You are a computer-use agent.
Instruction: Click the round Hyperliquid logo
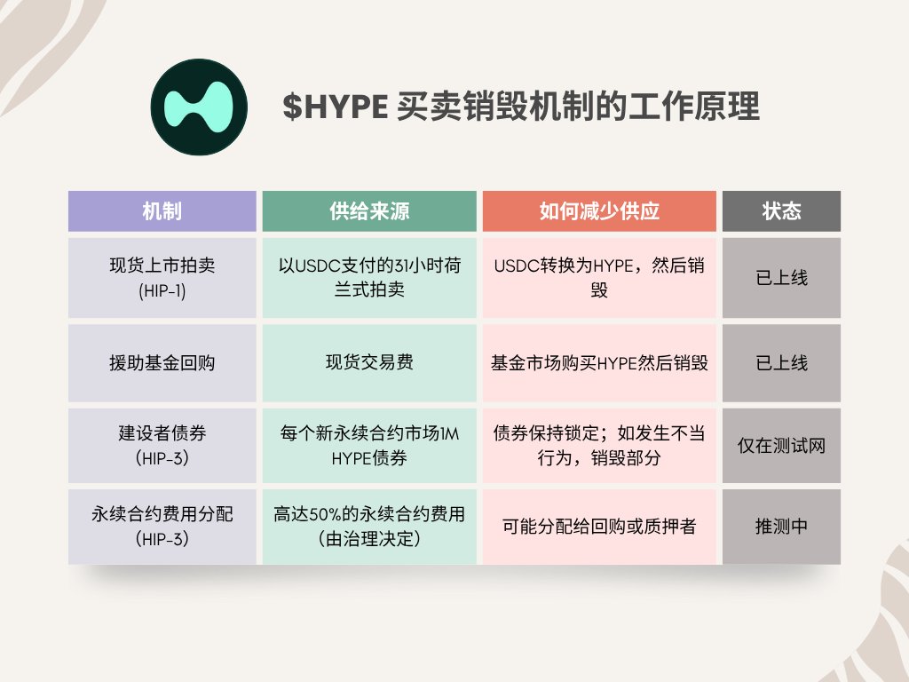pos(199,107)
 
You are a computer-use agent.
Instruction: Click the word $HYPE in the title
pos(335,107)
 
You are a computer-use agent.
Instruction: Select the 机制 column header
pos(162,211)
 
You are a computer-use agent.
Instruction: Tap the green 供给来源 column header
pos(369,211)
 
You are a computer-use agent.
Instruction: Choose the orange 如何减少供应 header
pos(599,211)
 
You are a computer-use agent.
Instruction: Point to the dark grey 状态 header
pos(781,211)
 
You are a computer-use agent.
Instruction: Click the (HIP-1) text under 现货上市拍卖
pos(162,290)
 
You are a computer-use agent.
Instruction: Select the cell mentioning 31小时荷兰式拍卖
pos(369,278)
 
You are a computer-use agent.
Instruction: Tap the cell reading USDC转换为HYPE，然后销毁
pos(599,278)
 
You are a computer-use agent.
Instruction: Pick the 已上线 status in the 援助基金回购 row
pos(781,363)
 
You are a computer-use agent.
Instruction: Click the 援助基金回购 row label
pos(162,363)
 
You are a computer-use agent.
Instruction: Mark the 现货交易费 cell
pos(369,363)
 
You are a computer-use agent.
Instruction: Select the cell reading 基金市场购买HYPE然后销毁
pos(599,363)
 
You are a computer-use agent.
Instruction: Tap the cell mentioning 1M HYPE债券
pos(369,446)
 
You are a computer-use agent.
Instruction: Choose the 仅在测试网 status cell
pos(781,446)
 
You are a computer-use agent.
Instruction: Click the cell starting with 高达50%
pos(369,527)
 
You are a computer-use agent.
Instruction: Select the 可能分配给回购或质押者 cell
pos(599,527)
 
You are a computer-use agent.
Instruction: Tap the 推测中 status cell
pos(781,527)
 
